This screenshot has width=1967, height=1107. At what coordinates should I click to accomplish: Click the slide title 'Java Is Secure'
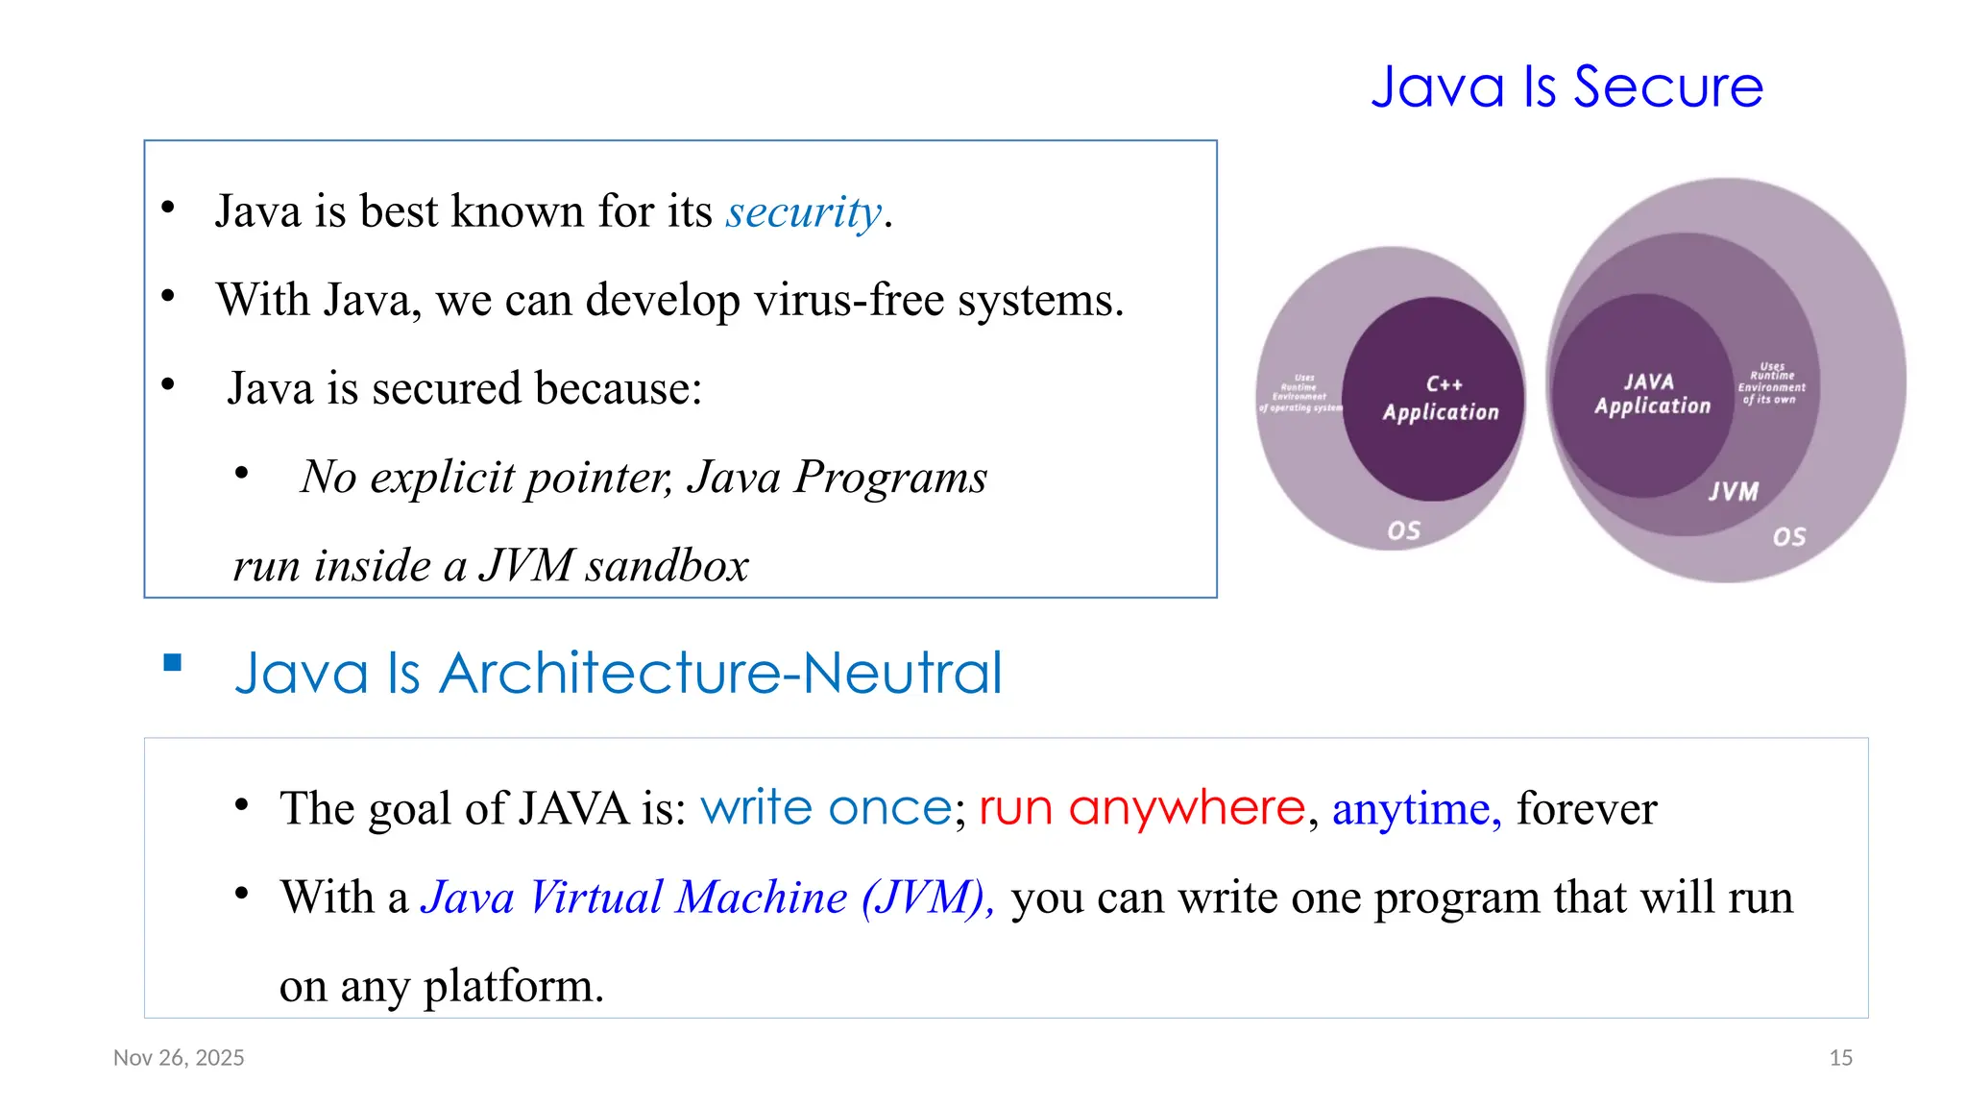click(1566, 87)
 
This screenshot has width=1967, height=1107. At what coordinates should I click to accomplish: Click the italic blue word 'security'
click(803, 212)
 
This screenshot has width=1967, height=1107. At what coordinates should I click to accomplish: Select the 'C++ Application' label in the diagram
click(1441, 399)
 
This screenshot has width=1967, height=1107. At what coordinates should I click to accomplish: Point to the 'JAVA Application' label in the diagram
click(1651, 394)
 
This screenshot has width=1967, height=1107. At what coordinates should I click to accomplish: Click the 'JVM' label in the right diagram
click(1734, 492)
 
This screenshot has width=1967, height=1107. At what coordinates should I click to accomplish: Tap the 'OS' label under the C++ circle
click(1403, 530)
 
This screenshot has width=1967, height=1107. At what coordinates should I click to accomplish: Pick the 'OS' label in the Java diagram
click(1788, 536)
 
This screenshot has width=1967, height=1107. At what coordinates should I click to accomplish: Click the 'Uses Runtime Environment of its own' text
click(1771, 383)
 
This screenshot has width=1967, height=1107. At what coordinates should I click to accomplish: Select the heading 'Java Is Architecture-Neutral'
click(619, 673)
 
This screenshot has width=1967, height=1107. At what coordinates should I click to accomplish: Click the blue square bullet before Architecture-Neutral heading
click(173, 662)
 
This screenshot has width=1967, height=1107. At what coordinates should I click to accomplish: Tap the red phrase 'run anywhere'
click(1142, 808)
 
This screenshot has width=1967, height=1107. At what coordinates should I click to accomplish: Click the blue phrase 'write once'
click(826, 808)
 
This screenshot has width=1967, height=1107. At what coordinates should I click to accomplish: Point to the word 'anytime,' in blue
click(1417, 809)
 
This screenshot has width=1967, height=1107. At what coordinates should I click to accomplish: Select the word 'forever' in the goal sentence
click(1587, 809)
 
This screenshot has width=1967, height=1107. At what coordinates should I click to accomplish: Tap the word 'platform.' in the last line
click(513, 986)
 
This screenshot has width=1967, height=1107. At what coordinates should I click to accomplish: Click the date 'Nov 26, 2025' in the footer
click(179, 1058)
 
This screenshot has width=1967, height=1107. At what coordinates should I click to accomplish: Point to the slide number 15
click(1840, 1058)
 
